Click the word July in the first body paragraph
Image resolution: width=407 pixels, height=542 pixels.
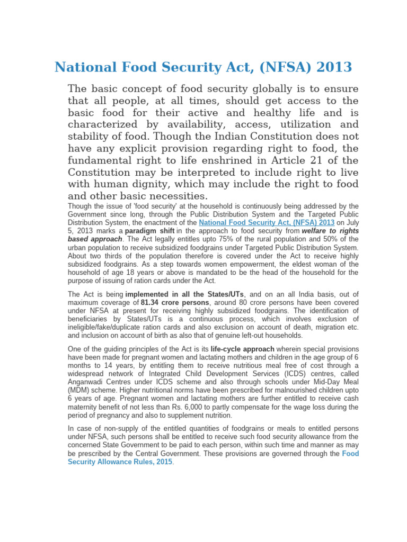click(350, 223)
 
